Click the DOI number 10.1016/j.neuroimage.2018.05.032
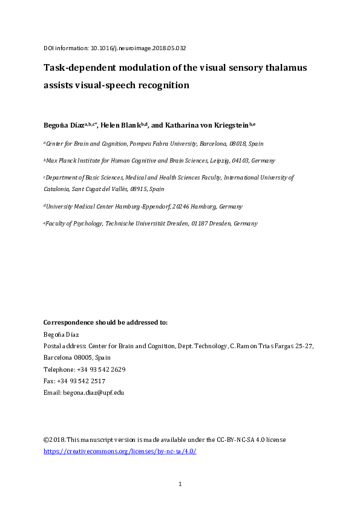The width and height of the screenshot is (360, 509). click(143, 47)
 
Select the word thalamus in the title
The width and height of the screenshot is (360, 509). click(284, 68)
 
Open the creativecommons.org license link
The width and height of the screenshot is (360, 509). click(120, 452)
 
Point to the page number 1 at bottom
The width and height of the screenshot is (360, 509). click(180, 484)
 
